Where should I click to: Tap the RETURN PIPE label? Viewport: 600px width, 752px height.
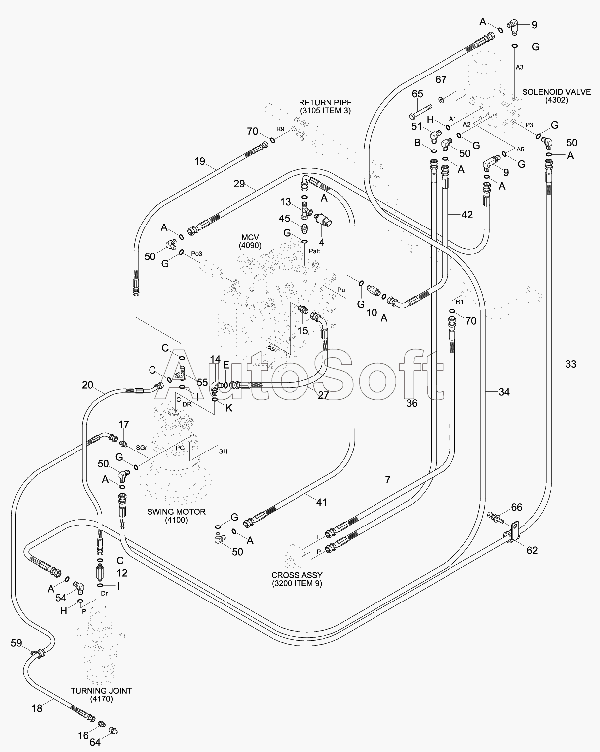[325, 107]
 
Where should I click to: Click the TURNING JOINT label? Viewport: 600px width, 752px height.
[101, 694]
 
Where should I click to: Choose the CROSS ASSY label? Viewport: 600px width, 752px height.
[297, 579]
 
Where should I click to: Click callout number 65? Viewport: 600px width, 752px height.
[417, 94]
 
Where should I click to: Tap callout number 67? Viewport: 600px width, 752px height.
[441, 80]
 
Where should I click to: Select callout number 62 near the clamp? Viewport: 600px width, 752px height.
[532, 550]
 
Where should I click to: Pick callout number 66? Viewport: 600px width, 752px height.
[517, 507]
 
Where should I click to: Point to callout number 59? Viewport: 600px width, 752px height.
[17, 643]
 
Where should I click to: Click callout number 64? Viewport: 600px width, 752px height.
[95, 742]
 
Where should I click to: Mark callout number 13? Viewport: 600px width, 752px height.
[285, 202]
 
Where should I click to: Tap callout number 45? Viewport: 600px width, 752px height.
[284, 219]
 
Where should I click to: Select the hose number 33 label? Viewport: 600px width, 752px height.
[571, 364]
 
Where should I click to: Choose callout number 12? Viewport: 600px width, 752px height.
[122, 573]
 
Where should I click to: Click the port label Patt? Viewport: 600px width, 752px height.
[314, 251]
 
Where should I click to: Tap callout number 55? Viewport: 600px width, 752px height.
[202, 382]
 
